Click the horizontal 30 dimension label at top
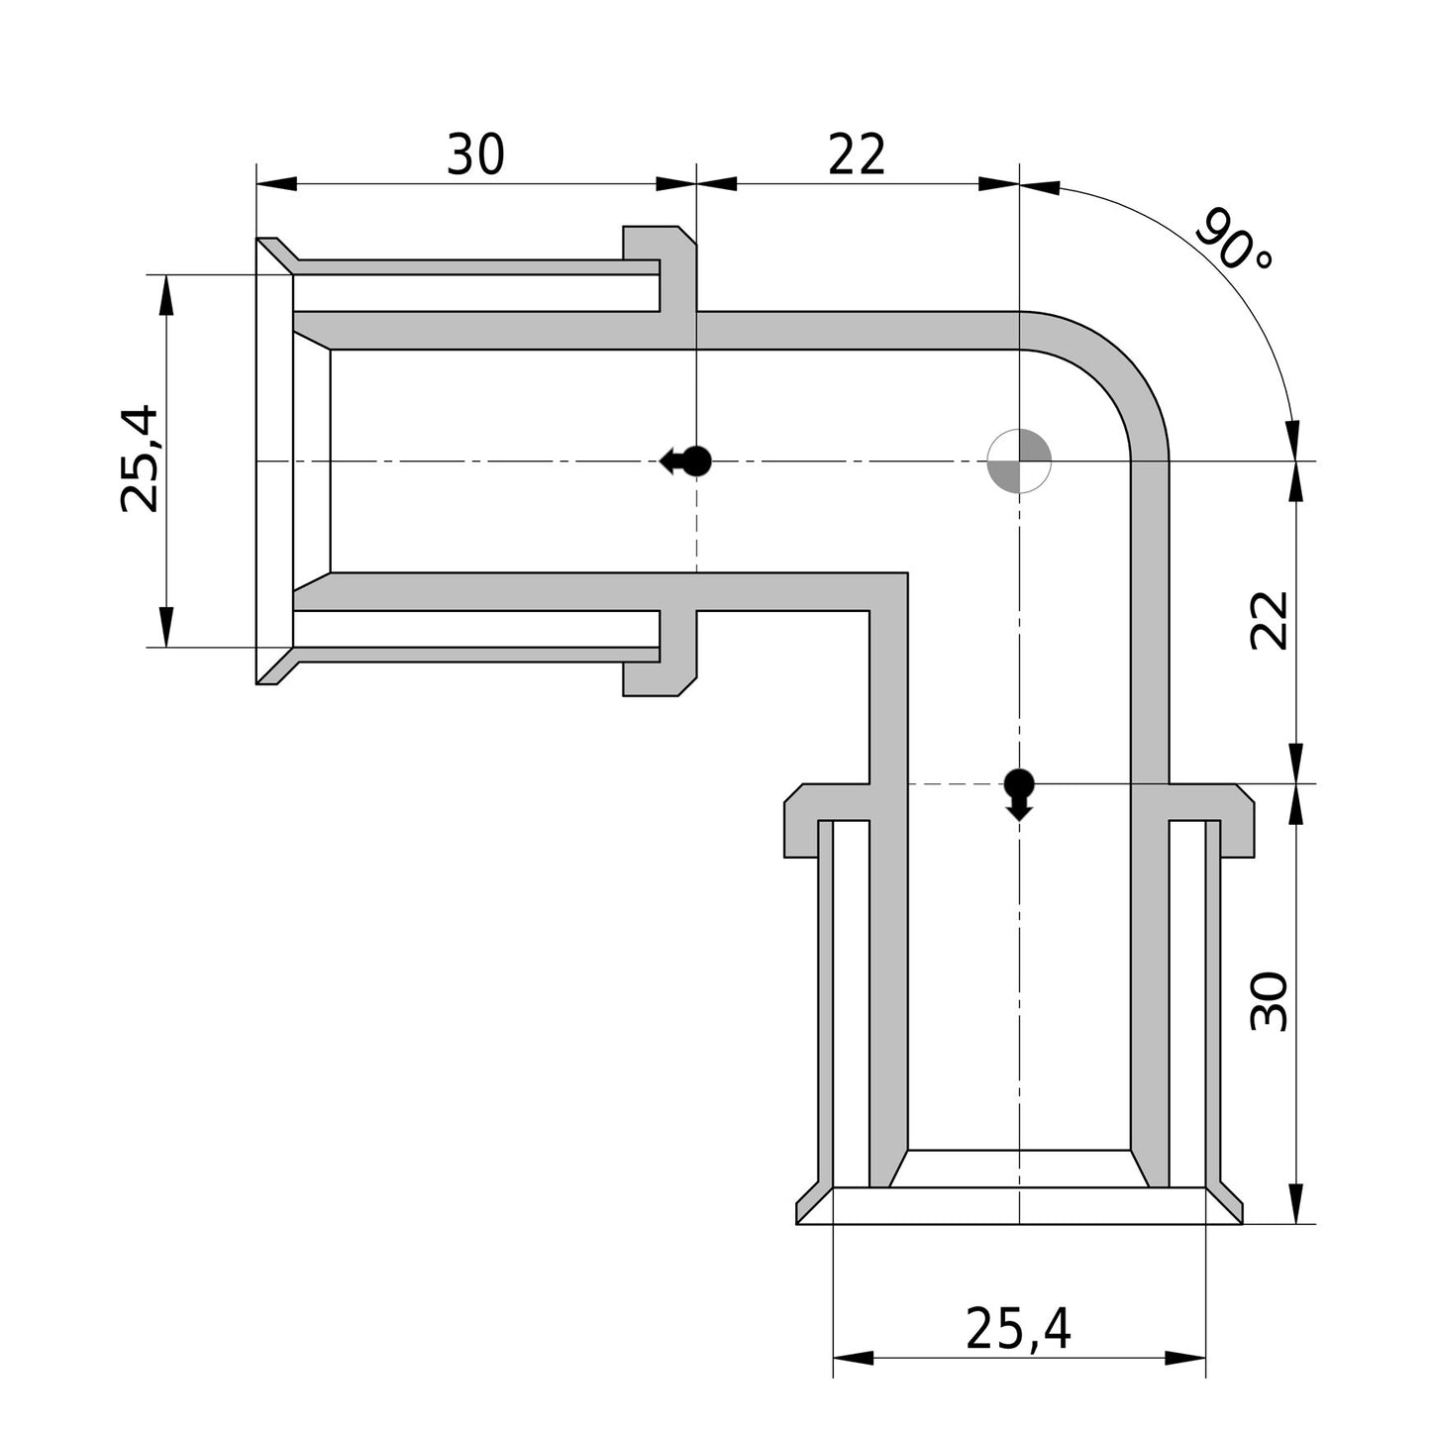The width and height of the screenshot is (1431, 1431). (475, 154)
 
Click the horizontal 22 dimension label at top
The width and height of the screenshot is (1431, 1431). (857, 154)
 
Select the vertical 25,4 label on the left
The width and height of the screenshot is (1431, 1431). (140, 460)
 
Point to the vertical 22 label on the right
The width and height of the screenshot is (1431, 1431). (1269, 621)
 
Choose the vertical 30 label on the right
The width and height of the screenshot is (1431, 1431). (1269, 1001)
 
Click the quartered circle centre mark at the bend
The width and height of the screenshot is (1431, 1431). (1020, 461)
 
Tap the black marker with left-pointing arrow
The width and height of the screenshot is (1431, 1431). (685, 461)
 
